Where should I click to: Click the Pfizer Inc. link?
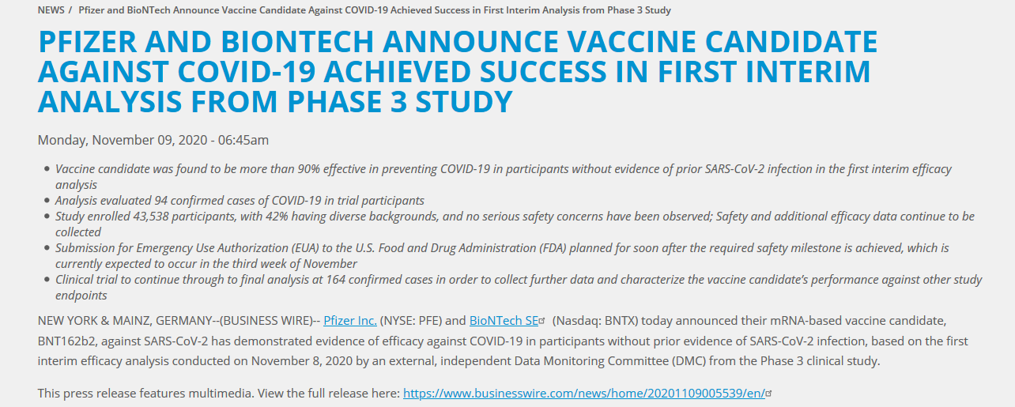[x=350, y=321]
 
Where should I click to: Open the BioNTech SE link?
[x=504, y=321]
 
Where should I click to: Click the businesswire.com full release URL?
[x=584, y=394]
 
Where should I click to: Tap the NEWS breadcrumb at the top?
[x=51, y=10]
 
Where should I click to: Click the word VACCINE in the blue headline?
[x=632, y=42]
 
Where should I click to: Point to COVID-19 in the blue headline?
[x=246, y=72]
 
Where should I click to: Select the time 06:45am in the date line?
[x=243, y=140]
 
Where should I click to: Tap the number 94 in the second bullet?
[x=160, y=201]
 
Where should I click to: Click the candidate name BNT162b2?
[x=66, y=341]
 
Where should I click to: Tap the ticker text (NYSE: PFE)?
[x=410, y=321]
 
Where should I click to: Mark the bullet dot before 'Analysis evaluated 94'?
[x=47, y=200]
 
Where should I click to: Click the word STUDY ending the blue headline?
[x=464, y=101]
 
